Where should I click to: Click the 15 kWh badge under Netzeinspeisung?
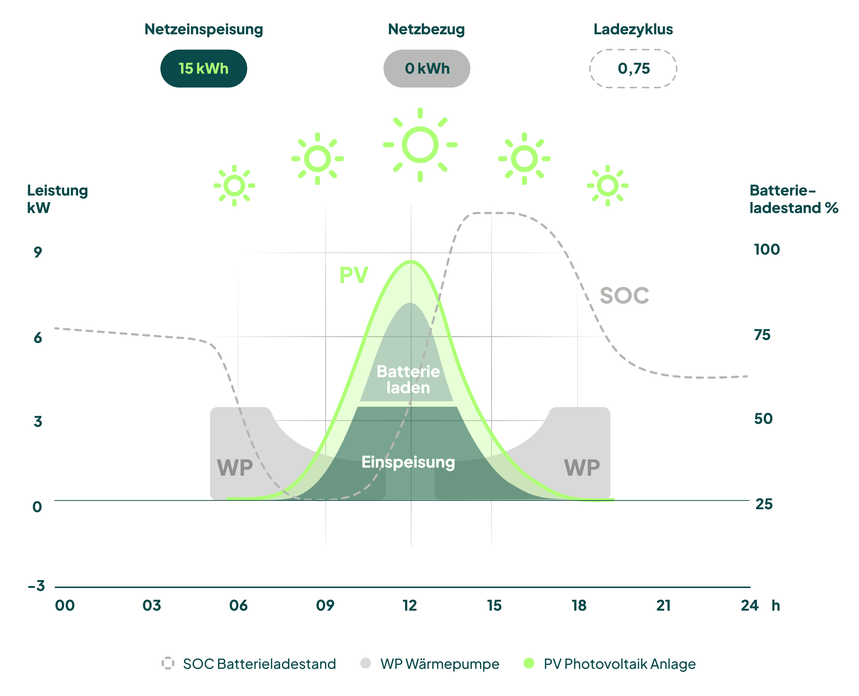203,69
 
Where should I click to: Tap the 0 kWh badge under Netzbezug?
427,69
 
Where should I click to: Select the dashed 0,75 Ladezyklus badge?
633,69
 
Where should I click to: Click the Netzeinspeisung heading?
203,29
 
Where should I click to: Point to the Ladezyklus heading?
633,29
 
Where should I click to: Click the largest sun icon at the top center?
420,145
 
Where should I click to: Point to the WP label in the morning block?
235,467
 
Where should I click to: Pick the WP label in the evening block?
582,467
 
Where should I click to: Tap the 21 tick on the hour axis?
663,605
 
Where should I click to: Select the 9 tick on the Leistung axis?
38,252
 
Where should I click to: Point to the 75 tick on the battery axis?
762,335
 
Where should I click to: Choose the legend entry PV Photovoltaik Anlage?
619,664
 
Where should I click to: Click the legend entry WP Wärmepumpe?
440,664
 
